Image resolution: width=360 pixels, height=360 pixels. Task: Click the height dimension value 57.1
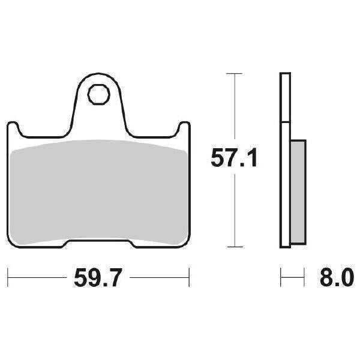tap(233, 159)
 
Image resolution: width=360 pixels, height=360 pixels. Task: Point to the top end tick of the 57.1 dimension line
tap(233, 73)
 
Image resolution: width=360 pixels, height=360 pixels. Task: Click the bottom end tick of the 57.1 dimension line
tap(233, 246)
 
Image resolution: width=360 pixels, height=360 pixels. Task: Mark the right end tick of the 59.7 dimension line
tap(189, 278)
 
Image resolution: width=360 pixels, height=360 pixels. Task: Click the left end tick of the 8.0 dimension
tap(281, 278)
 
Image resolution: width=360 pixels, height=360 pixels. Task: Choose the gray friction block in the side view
tap(298, 192)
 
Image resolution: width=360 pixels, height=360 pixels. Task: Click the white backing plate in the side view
tap(285, 120)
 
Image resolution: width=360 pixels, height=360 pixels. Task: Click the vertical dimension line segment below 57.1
tap(233, 210)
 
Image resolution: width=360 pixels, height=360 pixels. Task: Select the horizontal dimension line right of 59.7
tap(159, 278)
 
